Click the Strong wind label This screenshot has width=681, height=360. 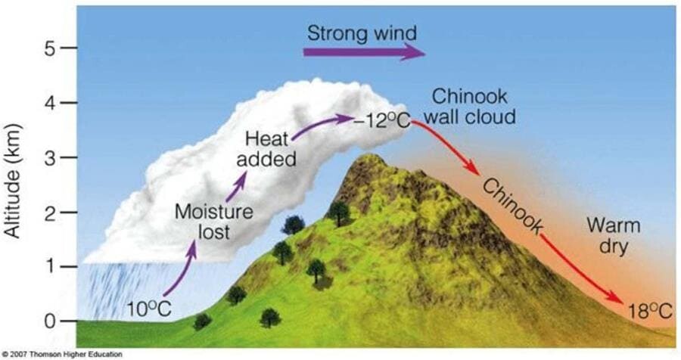[362, 33]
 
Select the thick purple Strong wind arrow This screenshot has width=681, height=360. [364, 52]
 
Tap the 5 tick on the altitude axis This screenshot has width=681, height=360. [69, 48]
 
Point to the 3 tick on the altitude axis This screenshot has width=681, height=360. [69, 157]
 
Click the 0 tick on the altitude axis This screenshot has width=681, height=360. [69, 321]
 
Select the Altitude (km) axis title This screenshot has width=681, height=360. [13, 181]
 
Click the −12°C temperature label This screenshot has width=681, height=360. [382, 122]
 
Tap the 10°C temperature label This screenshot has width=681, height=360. [149, 310]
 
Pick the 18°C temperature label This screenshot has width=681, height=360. [650, 311]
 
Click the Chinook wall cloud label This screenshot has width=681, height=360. [469, 107]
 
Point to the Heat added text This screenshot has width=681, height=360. [266, 150]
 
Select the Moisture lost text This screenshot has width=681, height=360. [213, 222]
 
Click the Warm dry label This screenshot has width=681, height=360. [613, 236]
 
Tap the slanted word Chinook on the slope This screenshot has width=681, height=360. [512, 206]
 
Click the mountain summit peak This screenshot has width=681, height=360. [369, 156]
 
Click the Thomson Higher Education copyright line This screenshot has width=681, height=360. [62, 355]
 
